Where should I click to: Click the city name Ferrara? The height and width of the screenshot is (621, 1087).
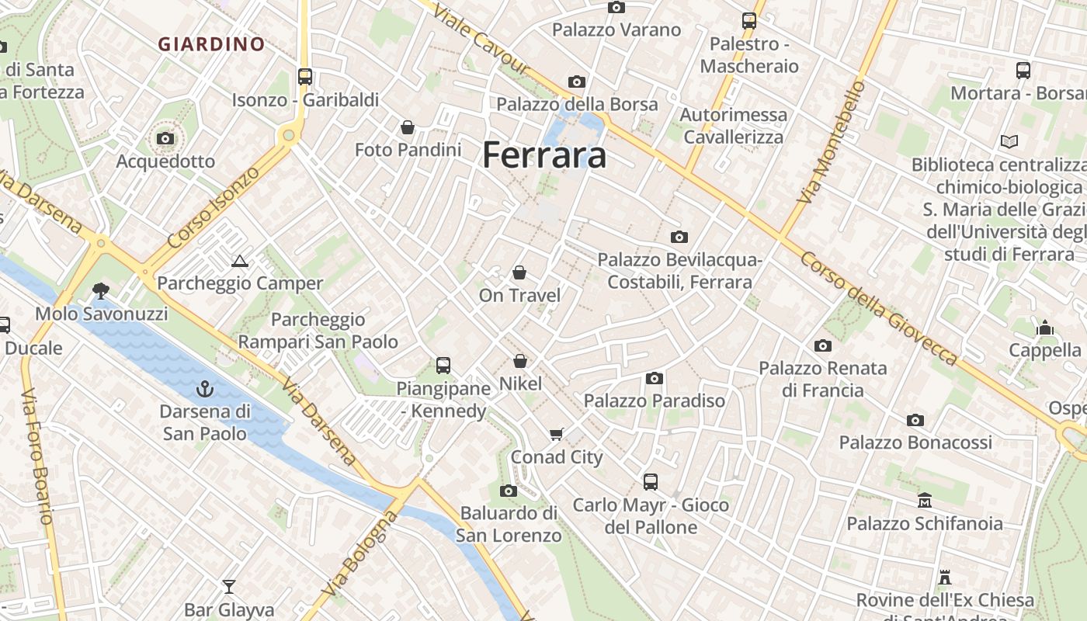point(544,155)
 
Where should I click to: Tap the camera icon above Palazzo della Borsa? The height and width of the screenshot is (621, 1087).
point(576,82)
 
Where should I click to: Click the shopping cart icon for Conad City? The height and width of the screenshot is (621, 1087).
point(556,434)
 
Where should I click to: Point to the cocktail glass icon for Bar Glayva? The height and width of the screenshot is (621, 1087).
point(229,586)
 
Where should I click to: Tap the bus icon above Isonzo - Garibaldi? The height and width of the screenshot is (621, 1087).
point(305,76)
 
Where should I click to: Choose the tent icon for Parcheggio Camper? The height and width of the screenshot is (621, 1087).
point(239,261)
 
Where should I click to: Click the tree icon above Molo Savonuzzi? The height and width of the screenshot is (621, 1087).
point(100,291)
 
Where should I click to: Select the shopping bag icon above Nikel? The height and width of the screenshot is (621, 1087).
point(520,361)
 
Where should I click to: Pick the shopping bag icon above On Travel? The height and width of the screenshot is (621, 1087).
point(519,272)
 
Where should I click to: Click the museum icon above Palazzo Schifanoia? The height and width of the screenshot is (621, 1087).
point(924,501)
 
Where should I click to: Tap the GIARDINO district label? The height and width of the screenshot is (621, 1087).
point(212,44)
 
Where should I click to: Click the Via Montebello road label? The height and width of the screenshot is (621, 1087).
point(832,143)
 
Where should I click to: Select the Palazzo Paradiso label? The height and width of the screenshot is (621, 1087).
point(655,401)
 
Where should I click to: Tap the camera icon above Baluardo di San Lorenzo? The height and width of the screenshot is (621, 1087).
point(509,491)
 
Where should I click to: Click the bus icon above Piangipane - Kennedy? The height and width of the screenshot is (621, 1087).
point(443,365)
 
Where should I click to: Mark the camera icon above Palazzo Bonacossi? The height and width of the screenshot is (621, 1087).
point(915,420)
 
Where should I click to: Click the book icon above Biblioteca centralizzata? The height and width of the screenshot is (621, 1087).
point(1009,142)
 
